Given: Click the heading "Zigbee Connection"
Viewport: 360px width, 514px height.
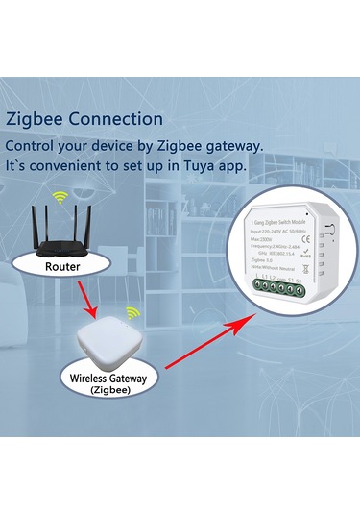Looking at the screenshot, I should [84, 120].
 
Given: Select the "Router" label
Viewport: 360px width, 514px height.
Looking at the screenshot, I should [61, 265].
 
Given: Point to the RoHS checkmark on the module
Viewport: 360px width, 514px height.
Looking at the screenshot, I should [305, 253].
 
